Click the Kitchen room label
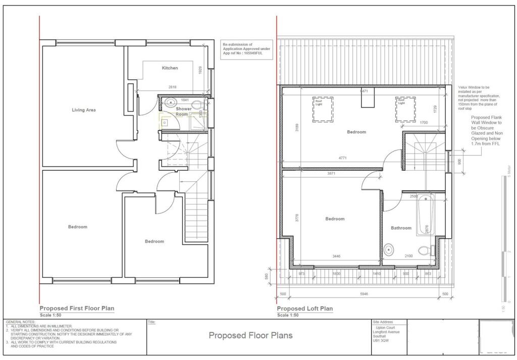(170, 68)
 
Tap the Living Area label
(84, 110)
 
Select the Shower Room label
(183, 112)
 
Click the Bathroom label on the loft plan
(401, 228)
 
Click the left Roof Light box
(322, 109)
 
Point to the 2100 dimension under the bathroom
(408, 256)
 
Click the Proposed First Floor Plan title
(77, 308)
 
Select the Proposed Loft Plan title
(304, 308)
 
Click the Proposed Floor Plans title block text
(250, 335)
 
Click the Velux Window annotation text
(479, 97)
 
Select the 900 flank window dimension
(459, 162)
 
